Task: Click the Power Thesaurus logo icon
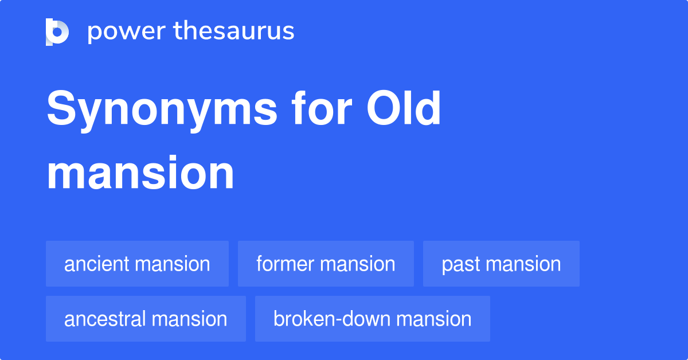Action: point(57,32)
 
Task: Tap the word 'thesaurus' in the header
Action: point(234,32)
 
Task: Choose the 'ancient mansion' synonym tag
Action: point(137,264)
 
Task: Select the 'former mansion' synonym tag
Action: point(326,264)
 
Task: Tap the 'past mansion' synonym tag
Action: point(501,264)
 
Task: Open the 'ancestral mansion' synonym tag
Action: point(146,319)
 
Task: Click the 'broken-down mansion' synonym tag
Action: point(373,319)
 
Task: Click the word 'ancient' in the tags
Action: point(97,264)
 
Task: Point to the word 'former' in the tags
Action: point(285,264)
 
